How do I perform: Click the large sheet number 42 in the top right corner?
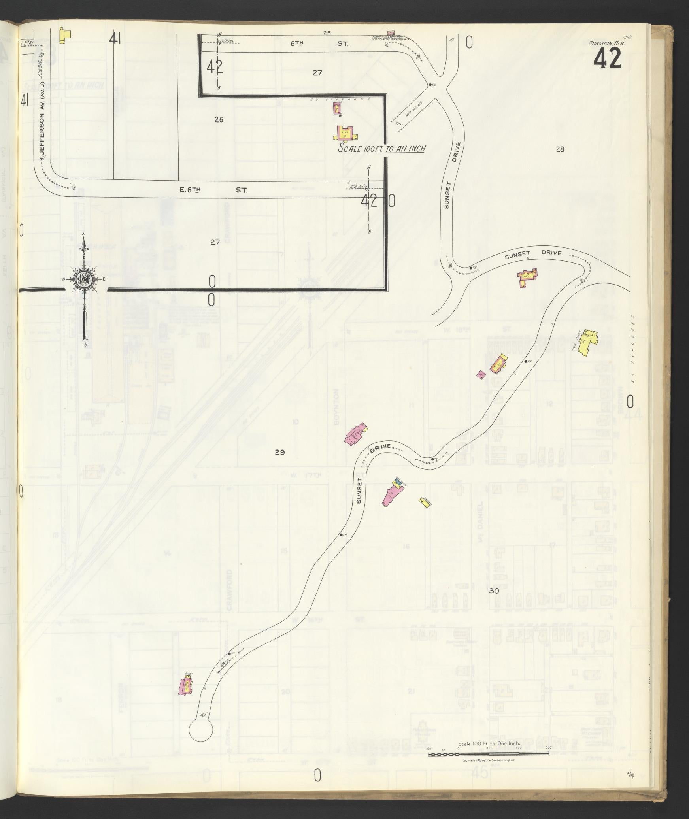(607, 60)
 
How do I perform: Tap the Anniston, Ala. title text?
(606, 44)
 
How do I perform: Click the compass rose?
(84, 279)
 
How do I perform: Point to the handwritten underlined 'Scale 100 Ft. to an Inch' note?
(381, 149)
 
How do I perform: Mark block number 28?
(559, 149)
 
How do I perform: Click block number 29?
(279, 452)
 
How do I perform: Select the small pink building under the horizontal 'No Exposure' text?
(337, 108)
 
